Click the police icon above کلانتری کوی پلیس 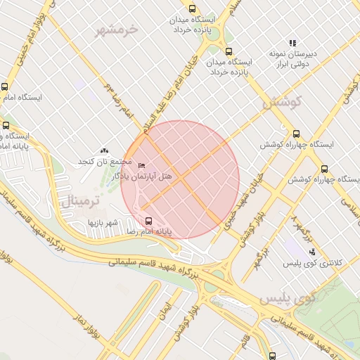click(x=312, y=251)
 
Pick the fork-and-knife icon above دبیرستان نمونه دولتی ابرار click(x=292, y=42)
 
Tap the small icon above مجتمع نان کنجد click(x=105, y=151)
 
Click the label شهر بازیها click(x=101, y=221)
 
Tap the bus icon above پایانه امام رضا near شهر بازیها click(x=146, y=219)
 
